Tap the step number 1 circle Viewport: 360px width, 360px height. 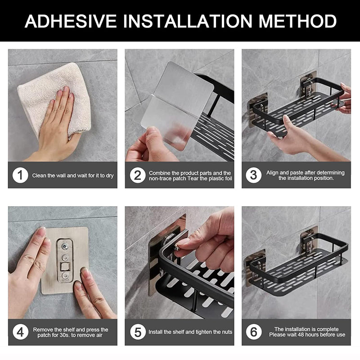tap(20, 175)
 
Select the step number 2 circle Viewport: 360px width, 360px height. tap(137, 175)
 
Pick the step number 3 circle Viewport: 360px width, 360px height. tap(254, 175)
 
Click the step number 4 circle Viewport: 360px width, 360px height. tap(20, 332)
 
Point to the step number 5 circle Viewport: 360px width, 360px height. tap(137, 332)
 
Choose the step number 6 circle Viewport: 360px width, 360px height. tap(254, 332)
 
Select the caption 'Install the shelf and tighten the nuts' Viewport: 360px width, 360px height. tap(189, 332)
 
